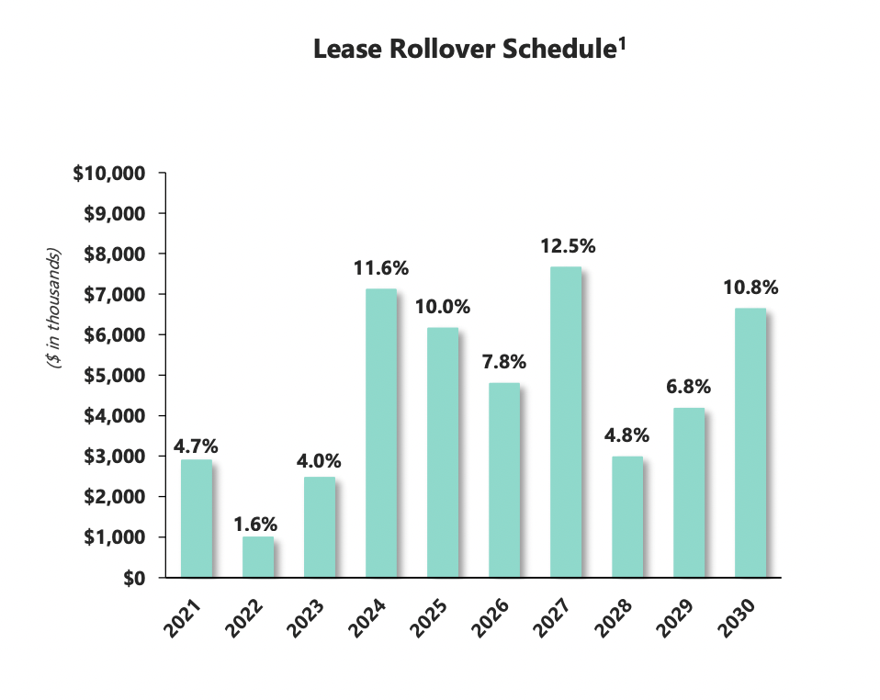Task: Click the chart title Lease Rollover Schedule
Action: (x=463, y=51)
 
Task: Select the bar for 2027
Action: (x=565, y=422)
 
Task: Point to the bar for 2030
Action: (x=750, y=443)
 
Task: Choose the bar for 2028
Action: (x=626, y=516)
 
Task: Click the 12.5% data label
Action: (x=567, y=246)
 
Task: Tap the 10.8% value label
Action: (x=750, y=288)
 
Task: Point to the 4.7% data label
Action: (x=195, y=447)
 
